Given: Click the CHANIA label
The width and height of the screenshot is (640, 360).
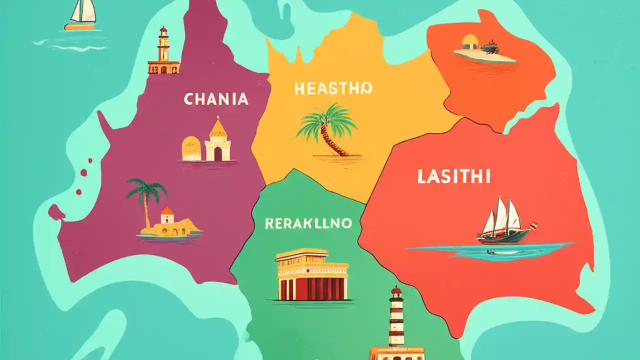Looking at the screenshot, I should click(216, 99).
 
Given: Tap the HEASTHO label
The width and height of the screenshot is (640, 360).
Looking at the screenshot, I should click(333, 89).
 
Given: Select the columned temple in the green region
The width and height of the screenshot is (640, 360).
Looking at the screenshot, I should click(312, 275).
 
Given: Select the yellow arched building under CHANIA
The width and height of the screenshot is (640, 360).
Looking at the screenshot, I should click(191, 149).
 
